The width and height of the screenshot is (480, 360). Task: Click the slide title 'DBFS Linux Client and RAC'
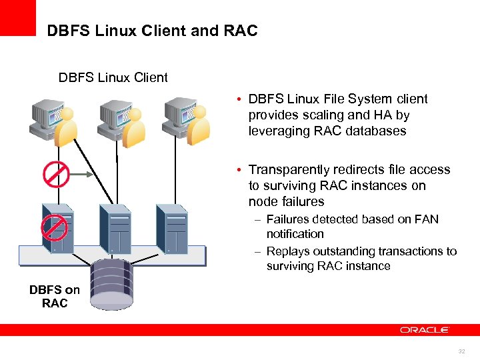click(152, 31)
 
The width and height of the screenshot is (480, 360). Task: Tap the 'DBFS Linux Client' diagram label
click(113, 77)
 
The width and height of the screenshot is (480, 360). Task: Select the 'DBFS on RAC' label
click(55, 297)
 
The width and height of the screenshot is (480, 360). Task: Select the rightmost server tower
click(173, 228)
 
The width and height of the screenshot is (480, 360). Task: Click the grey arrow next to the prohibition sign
click(83, 175)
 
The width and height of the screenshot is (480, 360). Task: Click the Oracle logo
click(425, 330)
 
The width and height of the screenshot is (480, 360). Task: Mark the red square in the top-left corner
click(17, 17)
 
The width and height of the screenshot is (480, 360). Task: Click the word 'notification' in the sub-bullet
click(295, 234)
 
